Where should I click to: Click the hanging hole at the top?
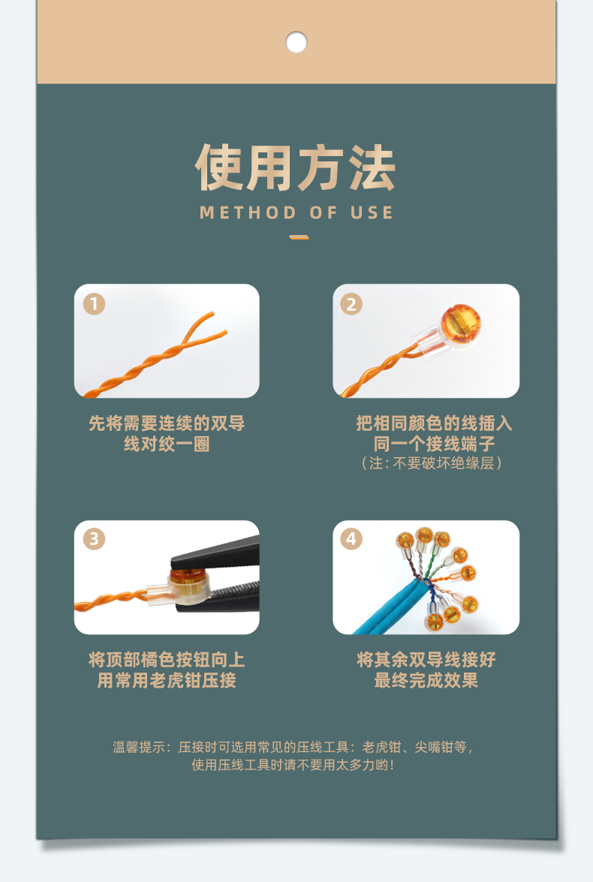[x=296, y=42]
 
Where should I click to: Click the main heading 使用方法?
[x=296, y=169]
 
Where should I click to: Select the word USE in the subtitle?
[x=372, y=212]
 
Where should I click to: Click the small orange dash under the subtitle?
[x=299, y=238]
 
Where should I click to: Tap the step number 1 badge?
[x=94, y=304]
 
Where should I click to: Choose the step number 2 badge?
[x=351, y=304]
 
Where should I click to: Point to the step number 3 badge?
[x=94, y=539]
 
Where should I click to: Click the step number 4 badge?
[x=351, y=539]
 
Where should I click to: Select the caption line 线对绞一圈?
[x=167, y=444]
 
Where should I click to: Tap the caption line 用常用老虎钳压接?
[x=167, y=681]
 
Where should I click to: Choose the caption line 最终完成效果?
[x=426, y=681]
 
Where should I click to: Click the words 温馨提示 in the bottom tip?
[x=138, y=747]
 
